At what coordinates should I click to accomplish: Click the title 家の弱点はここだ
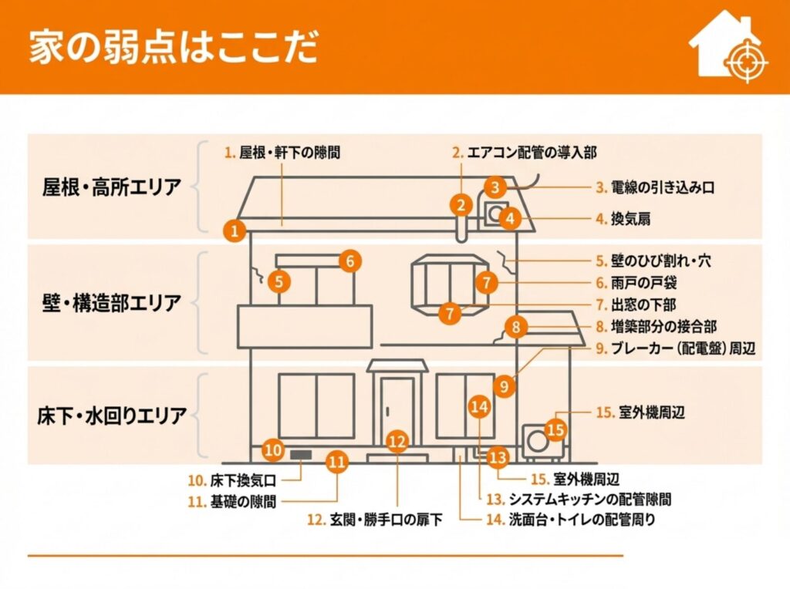click(x=173, y=47)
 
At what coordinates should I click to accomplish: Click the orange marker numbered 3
click(x=496, y=186)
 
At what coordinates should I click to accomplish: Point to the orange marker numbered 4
click(x=509, y=218)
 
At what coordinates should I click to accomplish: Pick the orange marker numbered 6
click(x=349, y=261)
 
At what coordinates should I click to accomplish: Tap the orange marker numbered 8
click(x=516, y=327)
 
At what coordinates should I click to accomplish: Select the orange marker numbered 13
click(x=498, y=458)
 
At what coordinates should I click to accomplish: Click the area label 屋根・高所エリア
click(x=112, y=186)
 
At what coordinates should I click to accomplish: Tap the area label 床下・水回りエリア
click(x=112, y=416)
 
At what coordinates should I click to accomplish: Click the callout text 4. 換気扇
click(x=623, y=219)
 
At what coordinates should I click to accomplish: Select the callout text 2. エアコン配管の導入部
click(x=524, y=153)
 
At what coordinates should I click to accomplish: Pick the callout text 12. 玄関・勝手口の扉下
click(x=375, y=520)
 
